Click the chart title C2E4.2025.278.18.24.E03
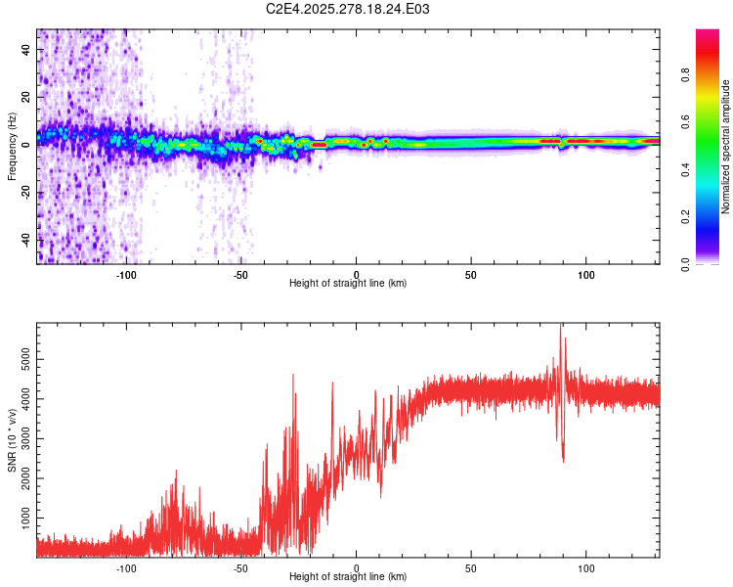(x=348, y=9)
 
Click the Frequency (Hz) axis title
(x=12, y=147)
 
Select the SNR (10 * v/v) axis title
(x=12, y=440)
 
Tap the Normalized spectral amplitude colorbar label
(x=725, y=147)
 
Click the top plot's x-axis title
(x=348, y=283)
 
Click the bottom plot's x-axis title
(x=348, y=576)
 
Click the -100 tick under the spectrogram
(x=126, y=274)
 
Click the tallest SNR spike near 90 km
(x=560, y=328)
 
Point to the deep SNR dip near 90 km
(x=563, y=460)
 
